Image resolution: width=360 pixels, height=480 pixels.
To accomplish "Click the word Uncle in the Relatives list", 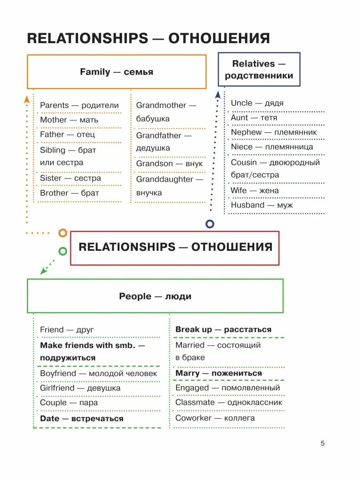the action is click(241, 103).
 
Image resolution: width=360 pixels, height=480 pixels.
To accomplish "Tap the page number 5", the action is click(323, 443).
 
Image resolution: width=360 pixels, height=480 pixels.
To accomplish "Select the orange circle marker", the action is click(62, 233).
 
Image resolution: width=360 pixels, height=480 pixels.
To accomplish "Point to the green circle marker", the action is click(63, 251).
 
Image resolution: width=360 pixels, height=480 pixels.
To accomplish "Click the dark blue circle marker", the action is click(210, 224).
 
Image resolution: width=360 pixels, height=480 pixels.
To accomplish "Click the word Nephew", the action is click(246, 132).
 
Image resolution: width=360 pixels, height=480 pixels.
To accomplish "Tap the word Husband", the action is click(247, 205).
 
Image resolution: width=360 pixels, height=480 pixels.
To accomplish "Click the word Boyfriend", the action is click(58, 373).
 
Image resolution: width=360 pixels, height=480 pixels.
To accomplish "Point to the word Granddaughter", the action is click(165, 179).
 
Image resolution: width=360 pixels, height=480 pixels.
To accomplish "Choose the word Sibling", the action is click(52, 150).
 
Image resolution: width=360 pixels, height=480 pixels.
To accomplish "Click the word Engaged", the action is click(192, 388).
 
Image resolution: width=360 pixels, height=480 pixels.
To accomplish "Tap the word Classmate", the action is click(195, 402).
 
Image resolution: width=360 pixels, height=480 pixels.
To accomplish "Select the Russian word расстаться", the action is click(248, 330).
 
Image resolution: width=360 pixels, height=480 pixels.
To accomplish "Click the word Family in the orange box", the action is click(95, 72).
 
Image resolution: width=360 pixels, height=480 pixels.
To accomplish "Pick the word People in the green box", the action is click(135, 296).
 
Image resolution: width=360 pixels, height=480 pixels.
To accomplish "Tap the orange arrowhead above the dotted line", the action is click(27, 99).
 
